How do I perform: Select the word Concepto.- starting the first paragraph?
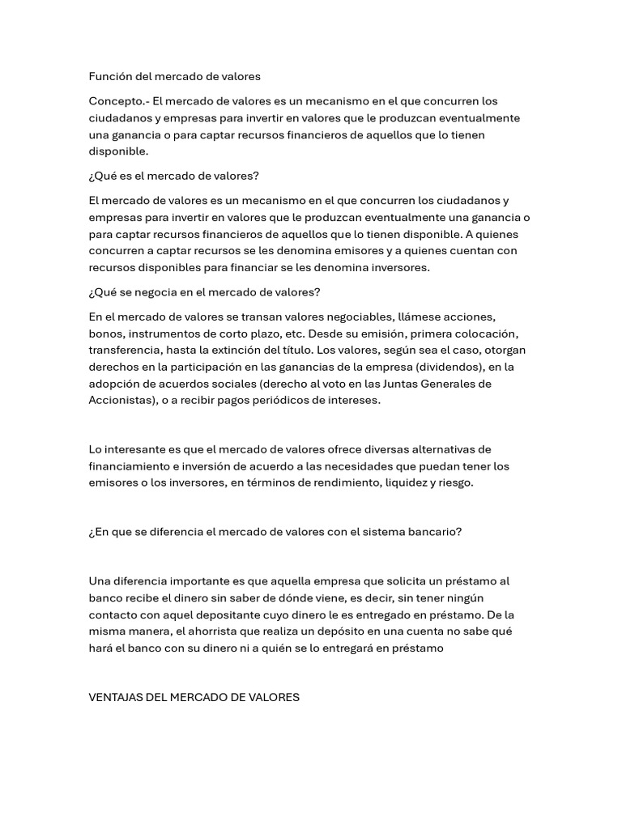tap(119, 101)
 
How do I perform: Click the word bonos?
tap(105, 334)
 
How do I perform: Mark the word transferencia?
tap(124, 350)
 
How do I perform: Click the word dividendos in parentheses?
tap(437, 367)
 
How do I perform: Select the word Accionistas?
tap(121, 400)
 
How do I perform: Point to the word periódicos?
tap(283, 400)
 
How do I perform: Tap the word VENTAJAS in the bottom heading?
tap(117, 697)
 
